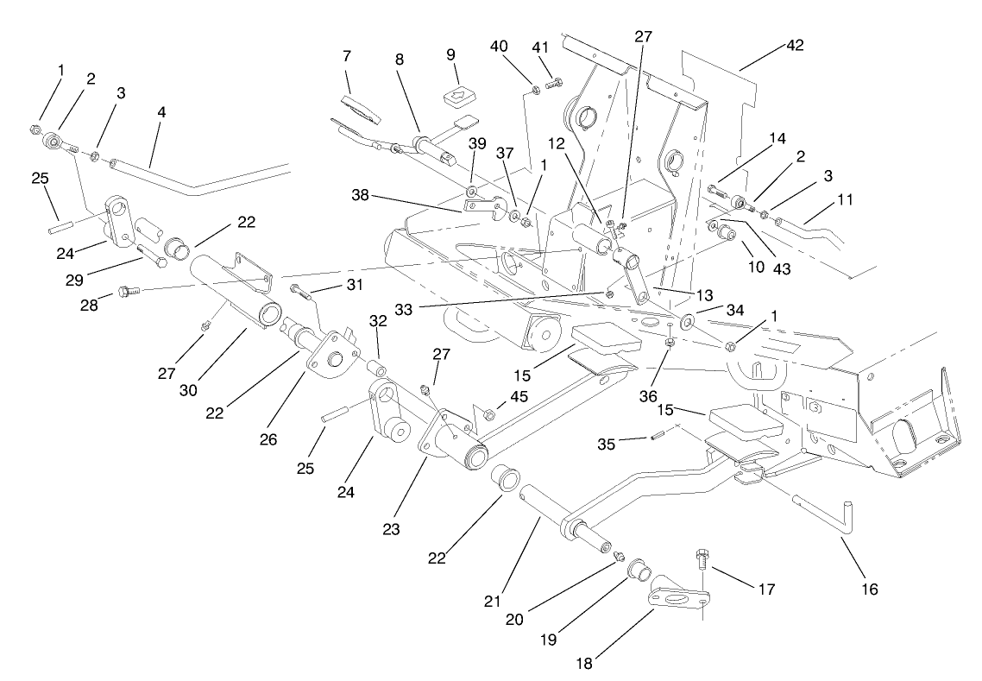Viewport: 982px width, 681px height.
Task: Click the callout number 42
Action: click(x=794, y=46)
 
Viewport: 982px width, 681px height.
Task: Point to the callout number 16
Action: click(x=868, y=589)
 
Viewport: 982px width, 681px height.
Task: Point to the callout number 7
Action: click(x=346, y=56)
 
